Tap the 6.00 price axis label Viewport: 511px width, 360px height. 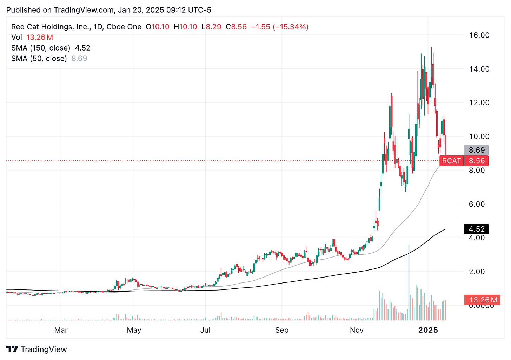tap(477, 204)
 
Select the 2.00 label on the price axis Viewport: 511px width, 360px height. tap(477, 272)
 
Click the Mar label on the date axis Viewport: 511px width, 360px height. tap(61, 330)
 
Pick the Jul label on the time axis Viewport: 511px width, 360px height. tap(205, 330)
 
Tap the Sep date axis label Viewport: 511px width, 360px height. tap(282, 330)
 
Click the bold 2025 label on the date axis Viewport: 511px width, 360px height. tap(428, 330)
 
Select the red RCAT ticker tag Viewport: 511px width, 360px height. tap(451, 161)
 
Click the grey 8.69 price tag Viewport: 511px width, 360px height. tap(476, 150)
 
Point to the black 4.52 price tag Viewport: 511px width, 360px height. tap(476, 229)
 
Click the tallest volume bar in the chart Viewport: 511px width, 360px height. tap(409, 281)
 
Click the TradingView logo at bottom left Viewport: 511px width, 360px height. tap(36, 349)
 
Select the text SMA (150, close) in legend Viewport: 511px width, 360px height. tap(41, 48)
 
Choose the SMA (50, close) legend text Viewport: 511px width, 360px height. tap(39, 58)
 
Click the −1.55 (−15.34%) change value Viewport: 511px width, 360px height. tap(280, 27)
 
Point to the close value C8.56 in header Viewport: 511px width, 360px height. tap(236, 27)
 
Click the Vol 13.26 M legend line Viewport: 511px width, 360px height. tap(32, 37)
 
